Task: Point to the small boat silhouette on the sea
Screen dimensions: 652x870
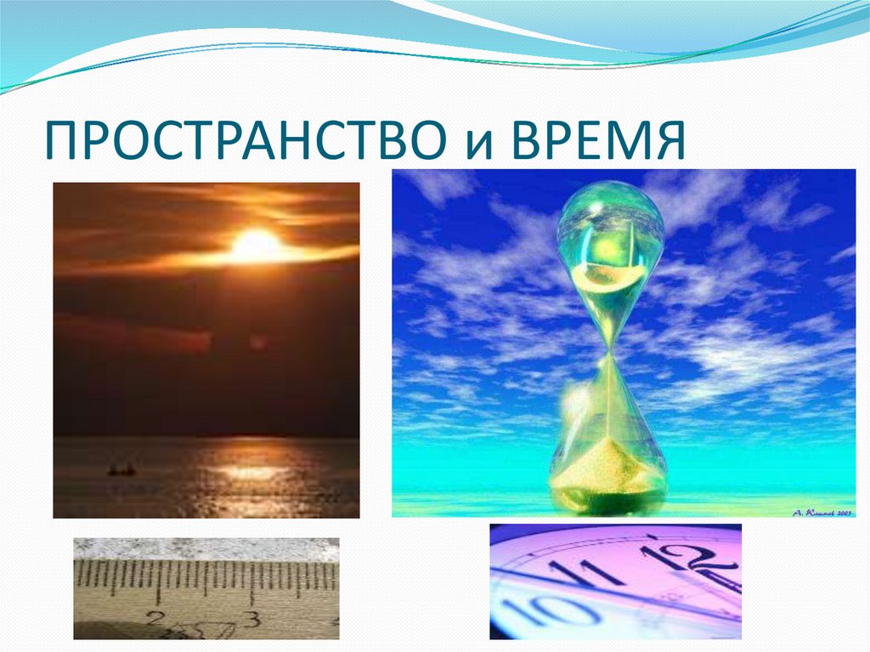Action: [x=121, y=469]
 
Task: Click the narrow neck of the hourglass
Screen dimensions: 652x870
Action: [x=610, y=349]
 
